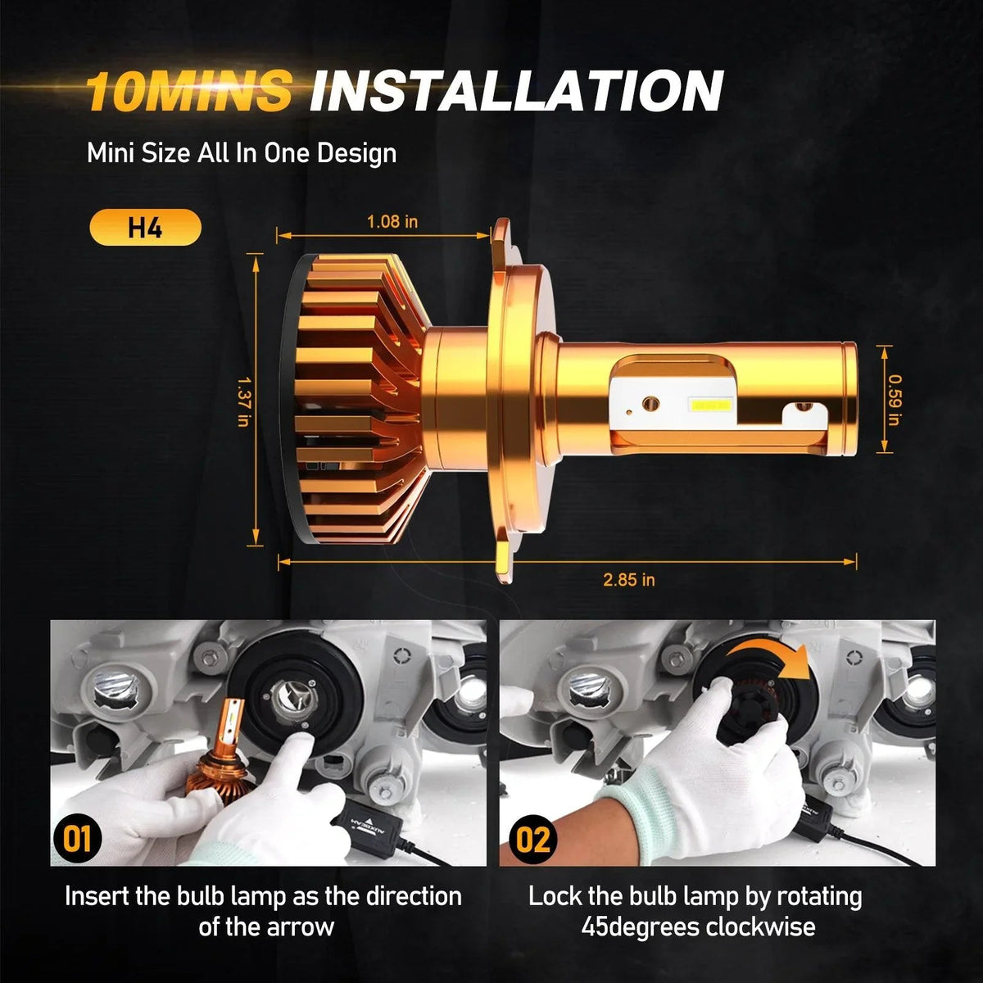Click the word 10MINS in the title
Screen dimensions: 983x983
(x=188, y=91)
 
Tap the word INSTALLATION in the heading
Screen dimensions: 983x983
(x=516, y=91)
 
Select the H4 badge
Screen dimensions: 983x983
(x=145, y=227)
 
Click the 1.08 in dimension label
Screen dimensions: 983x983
(x=392, y=222)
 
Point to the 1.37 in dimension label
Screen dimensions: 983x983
(x=244, y=402)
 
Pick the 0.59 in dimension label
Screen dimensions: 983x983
(x=895, y=400)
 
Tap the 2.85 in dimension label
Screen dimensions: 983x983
(x=628, y=580)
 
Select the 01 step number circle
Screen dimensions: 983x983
(x=78, y=839)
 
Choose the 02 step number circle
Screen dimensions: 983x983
(x=533, y=839)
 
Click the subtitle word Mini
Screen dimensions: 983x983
(x=111, y=153)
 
